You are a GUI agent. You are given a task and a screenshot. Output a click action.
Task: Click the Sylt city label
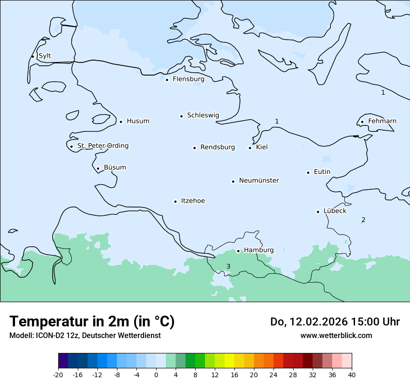(45, 56)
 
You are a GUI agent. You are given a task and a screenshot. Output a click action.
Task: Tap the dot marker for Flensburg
(167, 80)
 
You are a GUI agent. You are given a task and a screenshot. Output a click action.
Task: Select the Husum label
(138, 121)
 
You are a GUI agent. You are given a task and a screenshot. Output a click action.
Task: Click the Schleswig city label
(203, 115)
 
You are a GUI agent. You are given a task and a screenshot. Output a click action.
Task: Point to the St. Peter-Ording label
(102, 146)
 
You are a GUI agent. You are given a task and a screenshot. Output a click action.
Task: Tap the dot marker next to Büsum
(98, 168)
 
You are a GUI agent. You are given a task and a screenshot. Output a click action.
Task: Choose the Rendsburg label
(218, 147)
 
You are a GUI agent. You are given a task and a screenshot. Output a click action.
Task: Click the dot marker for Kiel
(250, 148)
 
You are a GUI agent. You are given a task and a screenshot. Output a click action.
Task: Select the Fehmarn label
(382, 121)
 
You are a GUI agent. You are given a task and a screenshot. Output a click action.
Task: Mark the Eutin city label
(322, 172)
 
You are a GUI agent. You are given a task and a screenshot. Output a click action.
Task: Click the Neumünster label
(259, 180)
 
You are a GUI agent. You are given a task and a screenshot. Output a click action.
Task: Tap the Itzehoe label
(193, 201)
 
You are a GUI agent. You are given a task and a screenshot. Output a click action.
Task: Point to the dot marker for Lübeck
(318, 212)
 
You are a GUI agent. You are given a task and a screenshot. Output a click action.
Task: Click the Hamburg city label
(259, 250)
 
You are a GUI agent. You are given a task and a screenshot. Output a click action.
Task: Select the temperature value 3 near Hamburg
(228, 266)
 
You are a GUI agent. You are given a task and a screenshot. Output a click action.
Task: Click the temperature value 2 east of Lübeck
(363, 220)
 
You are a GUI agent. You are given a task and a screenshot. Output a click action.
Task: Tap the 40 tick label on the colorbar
(352, 374)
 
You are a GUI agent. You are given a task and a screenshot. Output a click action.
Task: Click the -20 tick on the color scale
(58, 374)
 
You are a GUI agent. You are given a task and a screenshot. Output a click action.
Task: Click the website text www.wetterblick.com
(336, 335)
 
